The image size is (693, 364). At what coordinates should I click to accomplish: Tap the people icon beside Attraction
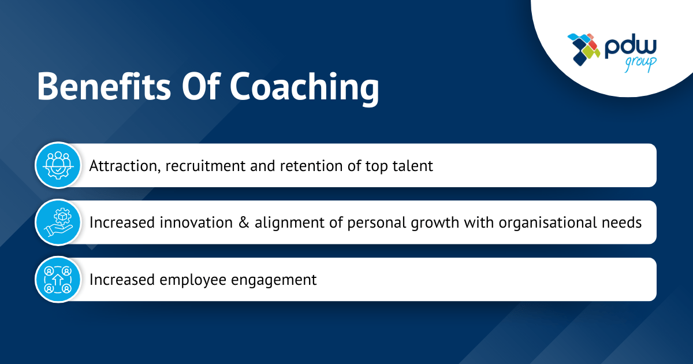pyautogui.click(x=58, y=165)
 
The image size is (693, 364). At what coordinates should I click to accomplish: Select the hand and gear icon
pyautogui.click(x=58, y=222)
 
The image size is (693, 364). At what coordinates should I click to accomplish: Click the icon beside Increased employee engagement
pyautogui.click(x=58, y=280)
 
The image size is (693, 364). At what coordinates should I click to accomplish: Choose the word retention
pyautogui.click(x=300, y=166)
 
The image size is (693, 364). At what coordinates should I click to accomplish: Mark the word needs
pyautogui.click(x=624, y=222)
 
